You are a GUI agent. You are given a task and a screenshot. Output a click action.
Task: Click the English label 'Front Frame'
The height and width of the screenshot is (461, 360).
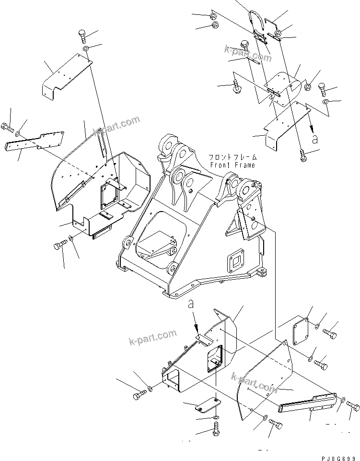(x=232, y=165)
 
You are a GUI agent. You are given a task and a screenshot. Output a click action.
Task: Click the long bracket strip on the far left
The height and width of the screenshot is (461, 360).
(x=36, y=142)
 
